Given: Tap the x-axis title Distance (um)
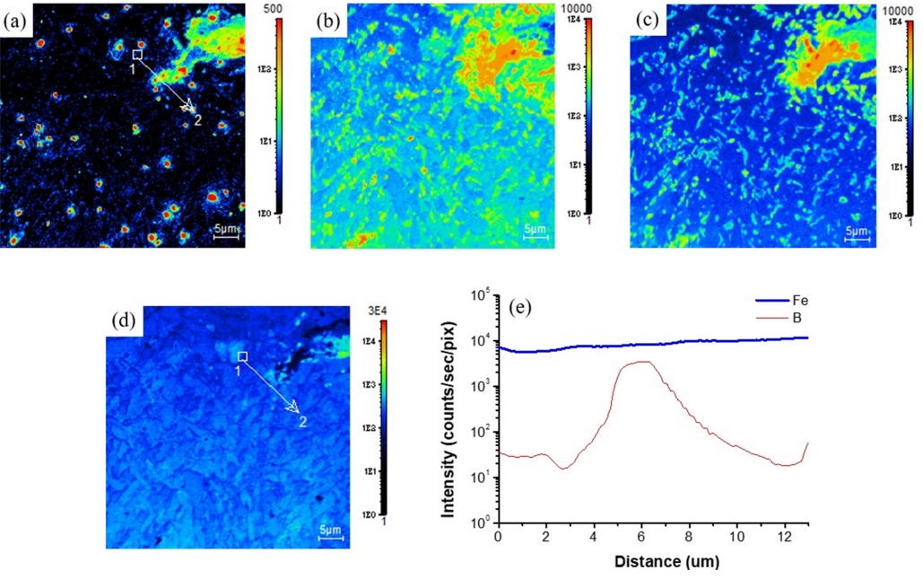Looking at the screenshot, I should tap(655, 563).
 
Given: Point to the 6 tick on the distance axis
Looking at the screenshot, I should tap(641, 536).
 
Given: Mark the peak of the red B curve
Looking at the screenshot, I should tap(639, 362).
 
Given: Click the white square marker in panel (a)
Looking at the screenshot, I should tap(137, 55).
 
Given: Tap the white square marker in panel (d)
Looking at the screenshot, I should tap(241, 356).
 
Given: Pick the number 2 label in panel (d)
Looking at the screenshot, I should tap(303, 422).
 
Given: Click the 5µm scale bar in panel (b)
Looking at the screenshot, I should tap(536, 233).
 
